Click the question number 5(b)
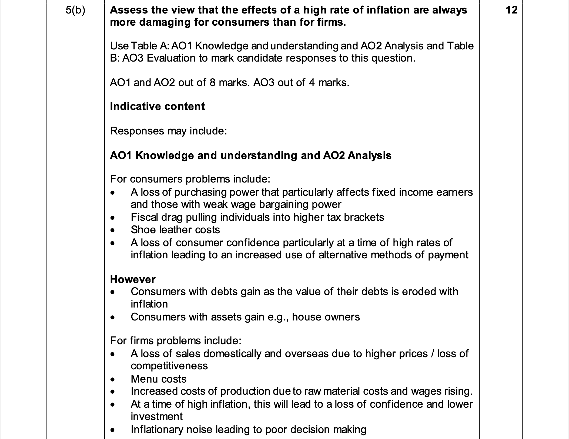tap(75, 10)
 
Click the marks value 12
tap(511, 10)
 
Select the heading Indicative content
tap(157, 106)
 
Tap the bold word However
tap(133, 279)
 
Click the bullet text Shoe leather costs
tap(175, 230)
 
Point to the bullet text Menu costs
tap(158, 379)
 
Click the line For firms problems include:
tap(176, 341)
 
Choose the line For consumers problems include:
tap(190, 179)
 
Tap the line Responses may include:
tap(168, 131)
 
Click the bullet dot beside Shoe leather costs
tap(113, 230)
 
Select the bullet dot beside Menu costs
tap(113, 380)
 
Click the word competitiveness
tap(169, 366)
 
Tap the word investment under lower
tap(157, 417)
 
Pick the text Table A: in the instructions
tap(150, 46)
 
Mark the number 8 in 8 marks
tap(213, 83)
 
